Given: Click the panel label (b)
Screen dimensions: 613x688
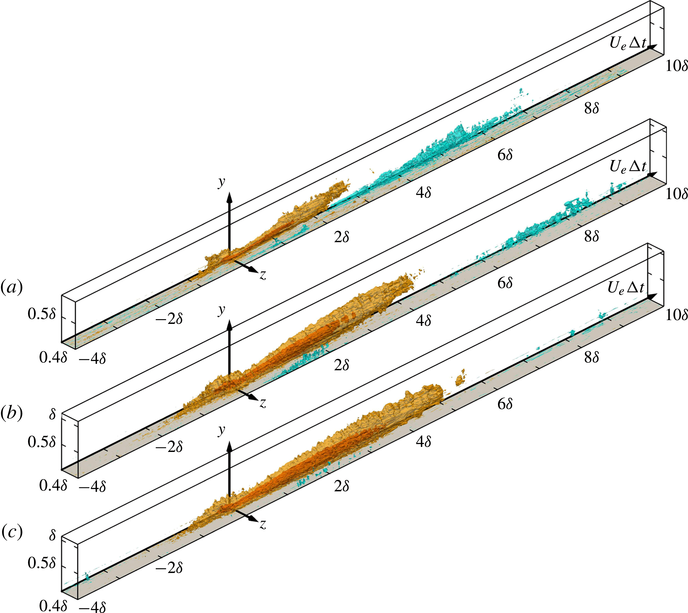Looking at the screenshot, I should (12, 414).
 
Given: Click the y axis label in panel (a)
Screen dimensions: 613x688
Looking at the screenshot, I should (221, 182).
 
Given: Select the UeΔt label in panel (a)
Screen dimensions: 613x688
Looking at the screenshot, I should (628, 44).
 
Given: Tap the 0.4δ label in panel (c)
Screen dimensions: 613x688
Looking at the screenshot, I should (53, 606).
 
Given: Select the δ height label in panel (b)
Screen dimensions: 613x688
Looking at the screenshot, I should (52, 414).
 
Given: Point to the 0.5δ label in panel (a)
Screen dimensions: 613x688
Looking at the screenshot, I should (41, 314).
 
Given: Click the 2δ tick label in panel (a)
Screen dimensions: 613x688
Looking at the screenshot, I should (341, 237).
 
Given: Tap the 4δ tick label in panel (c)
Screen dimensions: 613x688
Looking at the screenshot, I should (423, 441).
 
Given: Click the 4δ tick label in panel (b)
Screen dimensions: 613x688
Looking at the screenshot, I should (423, 321).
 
